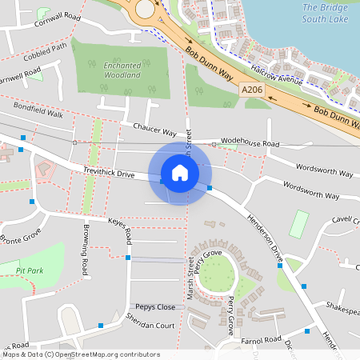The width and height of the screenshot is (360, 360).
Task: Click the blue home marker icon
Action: (180, 172)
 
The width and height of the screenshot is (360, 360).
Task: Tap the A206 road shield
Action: (251, 94)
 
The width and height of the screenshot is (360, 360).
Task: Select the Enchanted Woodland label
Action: (122, 70)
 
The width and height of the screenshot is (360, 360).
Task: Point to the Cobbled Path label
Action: (46, 50)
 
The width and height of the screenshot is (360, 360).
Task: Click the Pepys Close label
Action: (154, 307)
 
